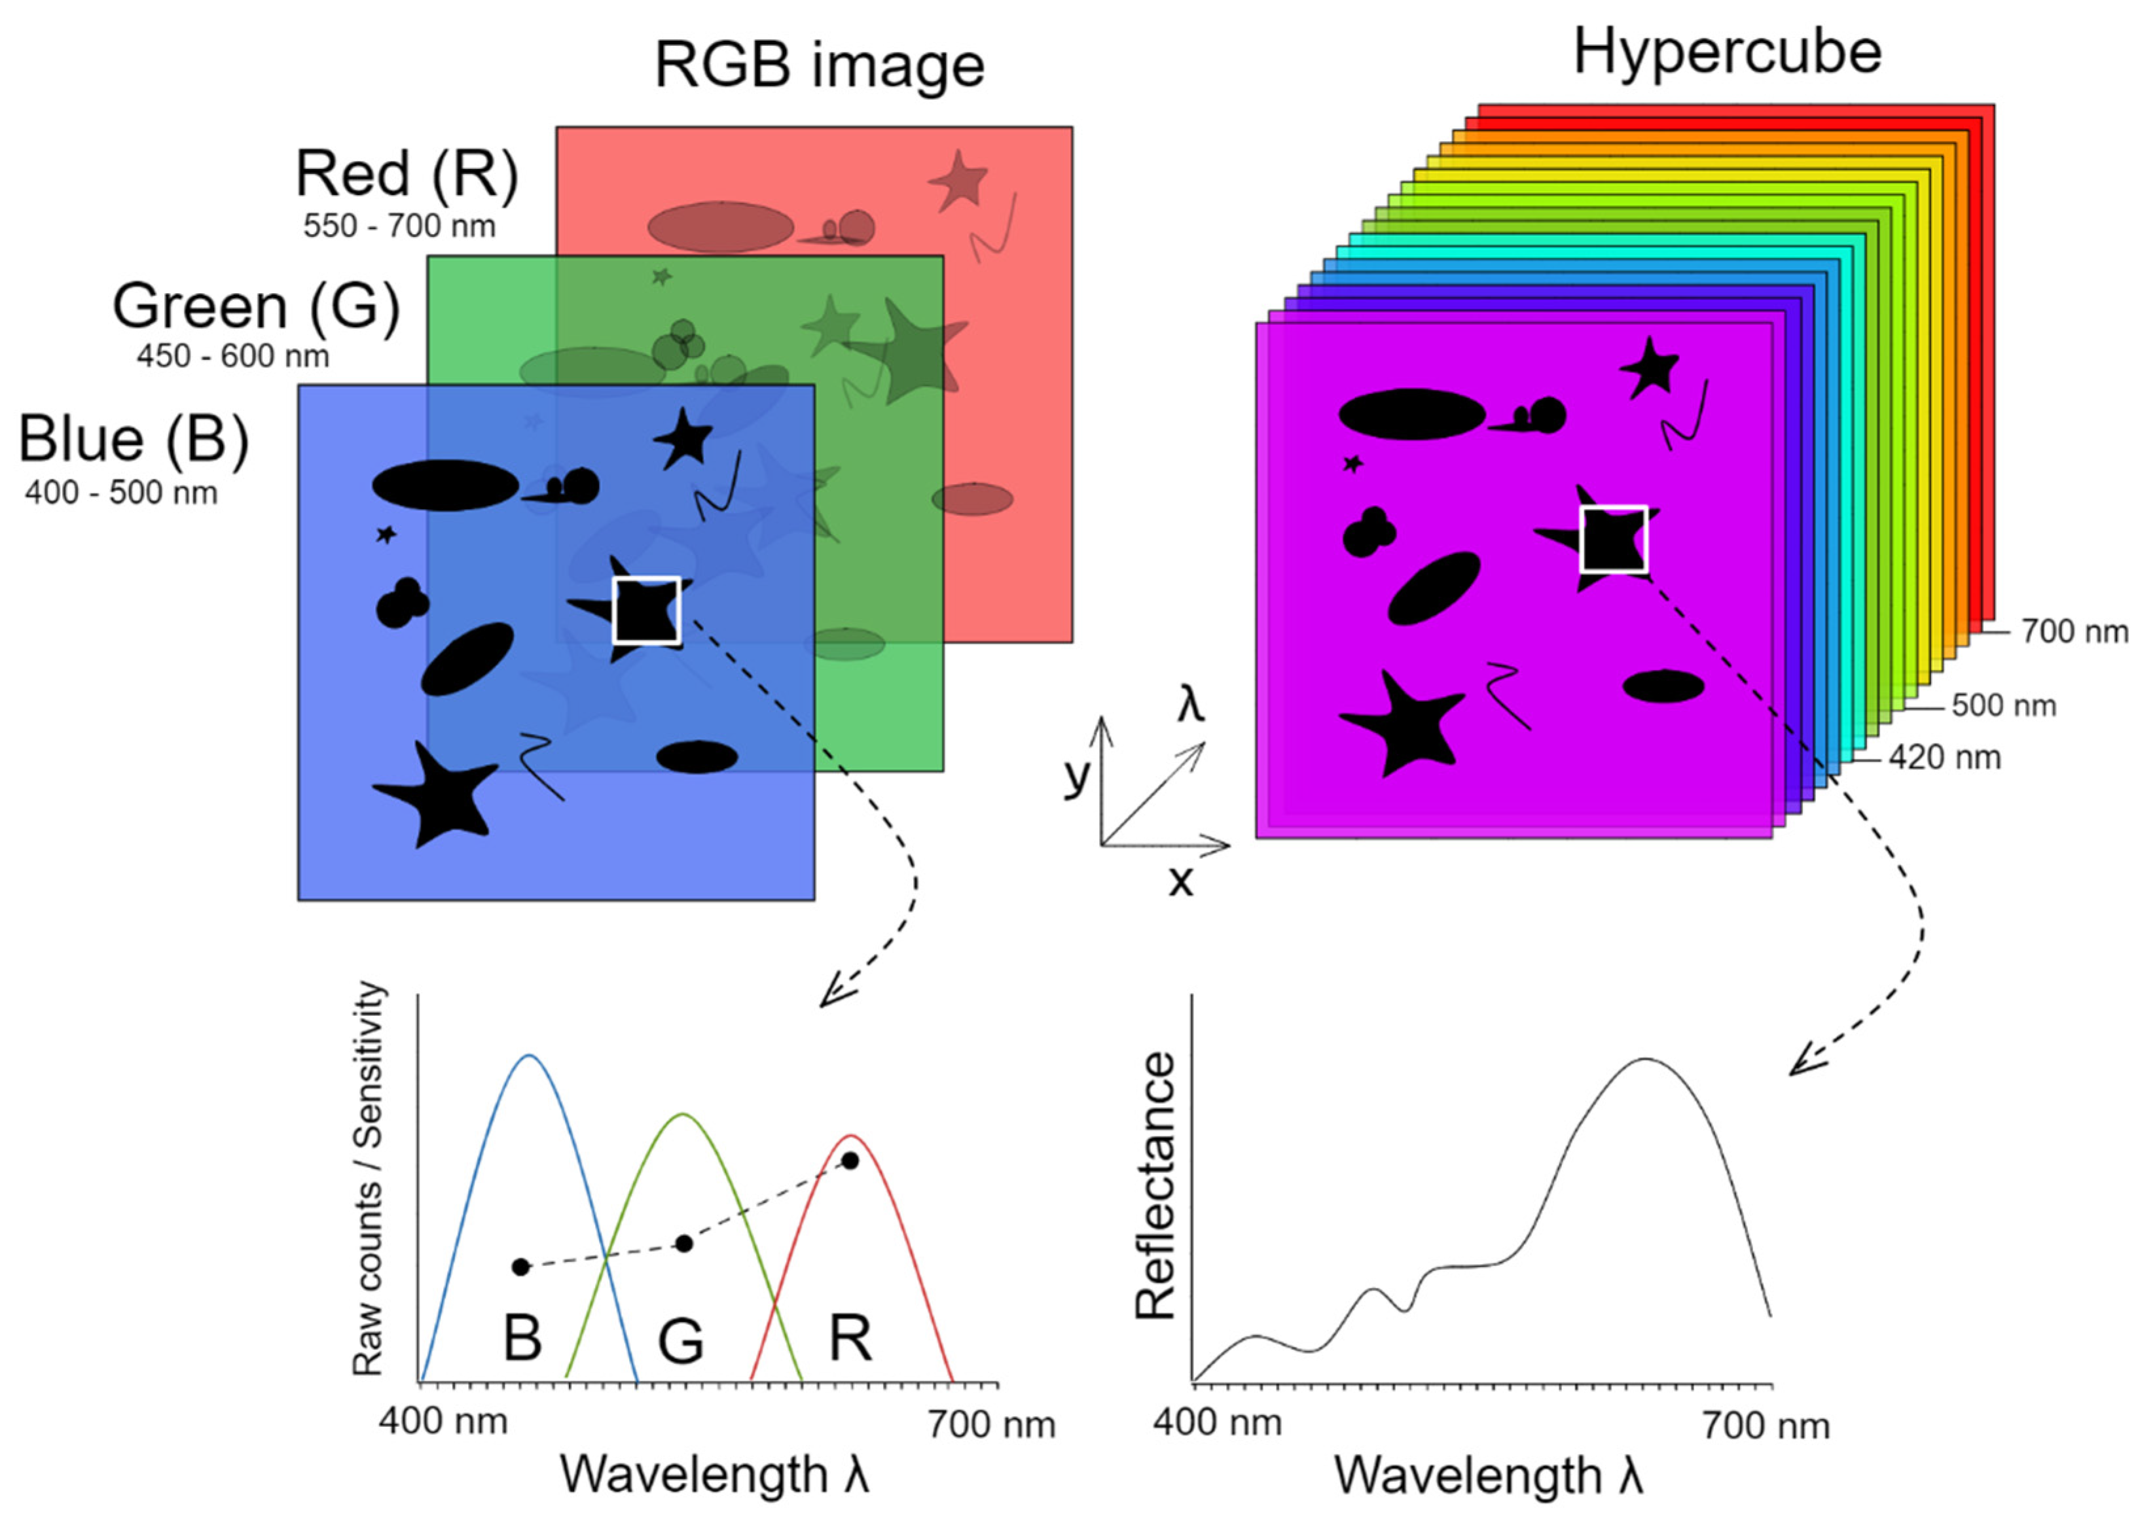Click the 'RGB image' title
(x=819, y=65)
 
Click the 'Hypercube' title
(x=1727, y=51)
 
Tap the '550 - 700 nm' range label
(x=399, y=226)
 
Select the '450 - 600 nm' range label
(x=233, y=357)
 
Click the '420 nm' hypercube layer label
(x=1945, y=757)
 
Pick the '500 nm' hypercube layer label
(x=2003, y=705)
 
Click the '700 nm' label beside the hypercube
(x=2075, y=632)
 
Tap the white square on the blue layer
(x=646, y=610)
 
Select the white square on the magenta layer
(x=1614, y=539)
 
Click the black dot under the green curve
(x=684, y=1243)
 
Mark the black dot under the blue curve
(x=521, y=1267)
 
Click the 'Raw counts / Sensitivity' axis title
(x=369, y=1178)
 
